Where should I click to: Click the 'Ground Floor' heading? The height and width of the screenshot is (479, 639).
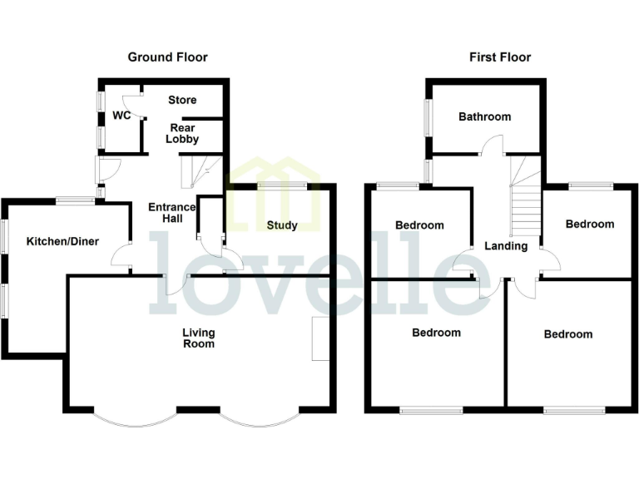click(167, 57)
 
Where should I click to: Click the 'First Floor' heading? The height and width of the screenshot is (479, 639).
click(499, 57)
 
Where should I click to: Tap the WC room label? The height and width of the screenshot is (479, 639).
click(121, 116)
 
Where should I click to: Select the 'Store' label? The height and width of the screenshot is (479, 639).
click(182, 101)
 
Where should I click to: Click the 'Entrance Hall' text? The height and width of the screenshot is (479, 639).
click(171, 213)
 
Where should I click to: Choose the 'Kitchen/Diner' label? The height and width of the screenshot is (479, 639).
click(62, 242)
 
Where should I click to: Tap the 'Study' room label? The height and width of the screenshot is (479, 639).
click(282, 225)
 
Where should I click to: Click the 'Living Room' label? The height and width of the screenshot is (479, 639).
click(199, 338)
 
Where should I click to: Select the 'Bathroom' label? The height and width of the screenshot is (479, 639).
click(485, 117)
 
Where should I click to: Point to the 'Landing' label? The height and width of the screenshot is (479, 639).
click(506, 246)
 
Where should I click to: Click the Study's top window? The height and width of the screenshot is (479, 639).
click(283, 185)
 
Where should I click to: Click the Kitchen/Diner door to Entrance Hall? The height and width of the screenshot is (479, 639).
click(123, 257)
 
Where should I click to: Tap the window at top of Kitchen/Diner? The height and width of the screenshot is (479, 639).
click(76, 199)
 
